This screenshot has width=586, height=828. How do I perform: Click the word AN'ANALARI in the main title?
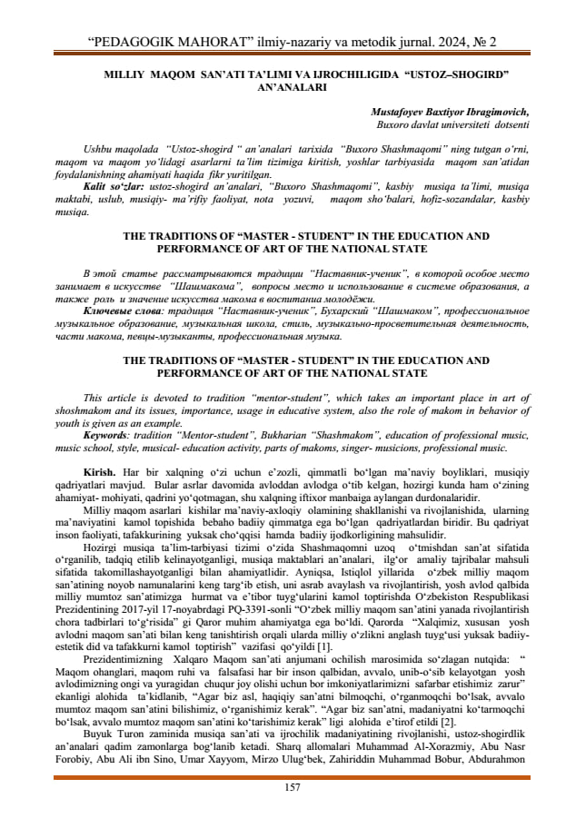293,88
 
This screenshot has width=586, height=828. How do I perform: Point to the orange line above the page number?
293,775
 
